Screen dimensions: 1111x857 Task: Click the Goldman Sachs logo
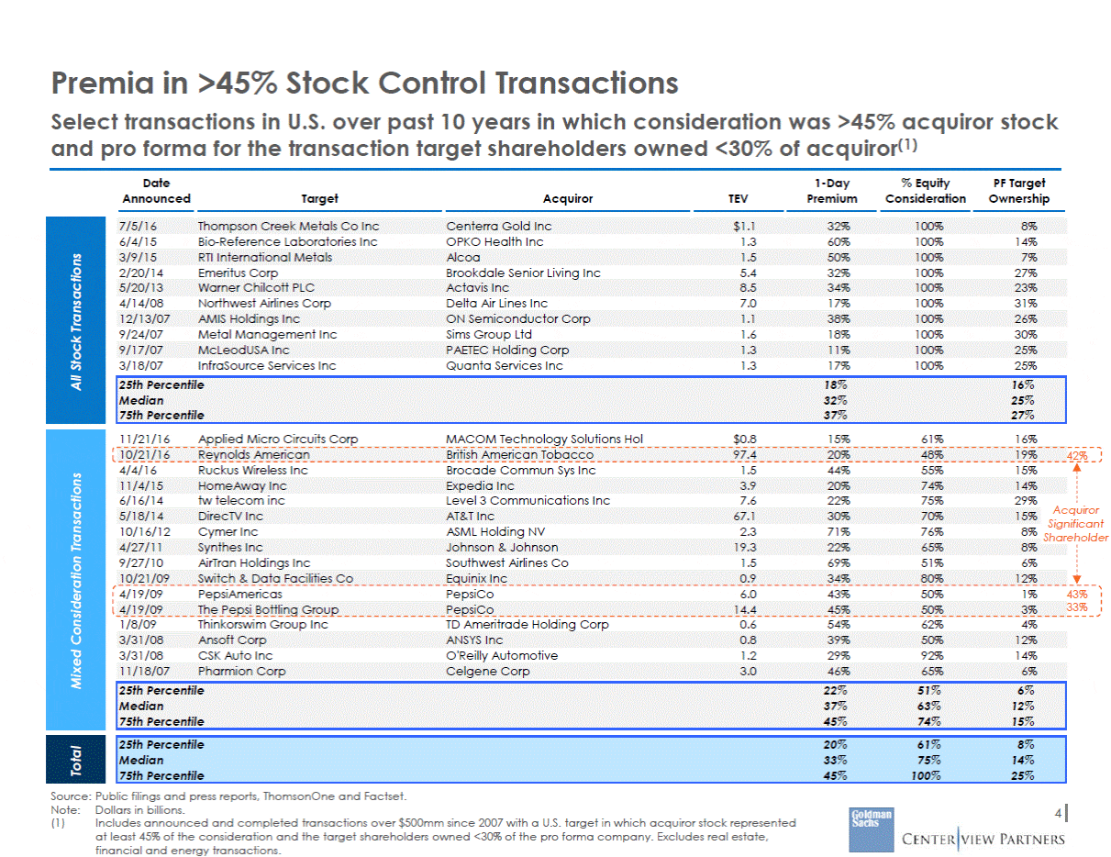871,829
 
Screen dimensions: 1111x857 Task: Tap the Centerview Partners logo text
983,839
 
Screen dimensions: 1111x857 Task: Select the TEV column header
738,198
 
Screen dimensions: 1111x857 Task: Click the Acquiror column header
568,198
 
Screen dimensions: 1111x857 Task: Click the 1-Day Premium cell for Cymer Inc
839,532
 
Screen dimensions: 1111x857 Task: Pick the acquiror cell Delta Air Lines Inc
496,303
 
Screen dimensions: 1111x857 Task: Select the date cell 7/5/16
138,226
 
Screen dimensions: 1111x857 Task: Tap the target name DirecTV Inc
230,516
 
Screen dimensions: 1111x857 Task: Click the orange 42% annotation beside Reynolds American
1077,456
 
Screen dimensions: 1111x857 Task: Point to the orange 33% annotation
1077,607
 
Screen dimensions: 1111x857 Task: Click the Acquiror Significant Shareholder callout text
1076,524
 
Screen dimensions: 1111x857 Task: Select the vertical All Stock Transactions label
75,322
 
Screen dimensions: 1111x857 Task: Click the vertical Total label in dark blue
75,760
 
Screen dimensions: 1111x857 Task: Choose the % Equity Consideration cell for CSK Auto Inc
932,655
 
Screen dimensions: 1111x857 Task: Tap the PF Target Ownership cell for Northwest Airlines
1026,303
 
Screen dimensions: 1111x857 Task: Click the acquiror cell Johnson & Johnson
502,547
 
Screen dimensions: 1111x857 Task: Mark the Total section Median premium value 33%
835,761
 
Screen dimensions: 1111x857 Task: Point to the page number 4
1058,813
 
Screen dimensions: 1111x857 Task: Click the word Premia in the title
102,83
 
